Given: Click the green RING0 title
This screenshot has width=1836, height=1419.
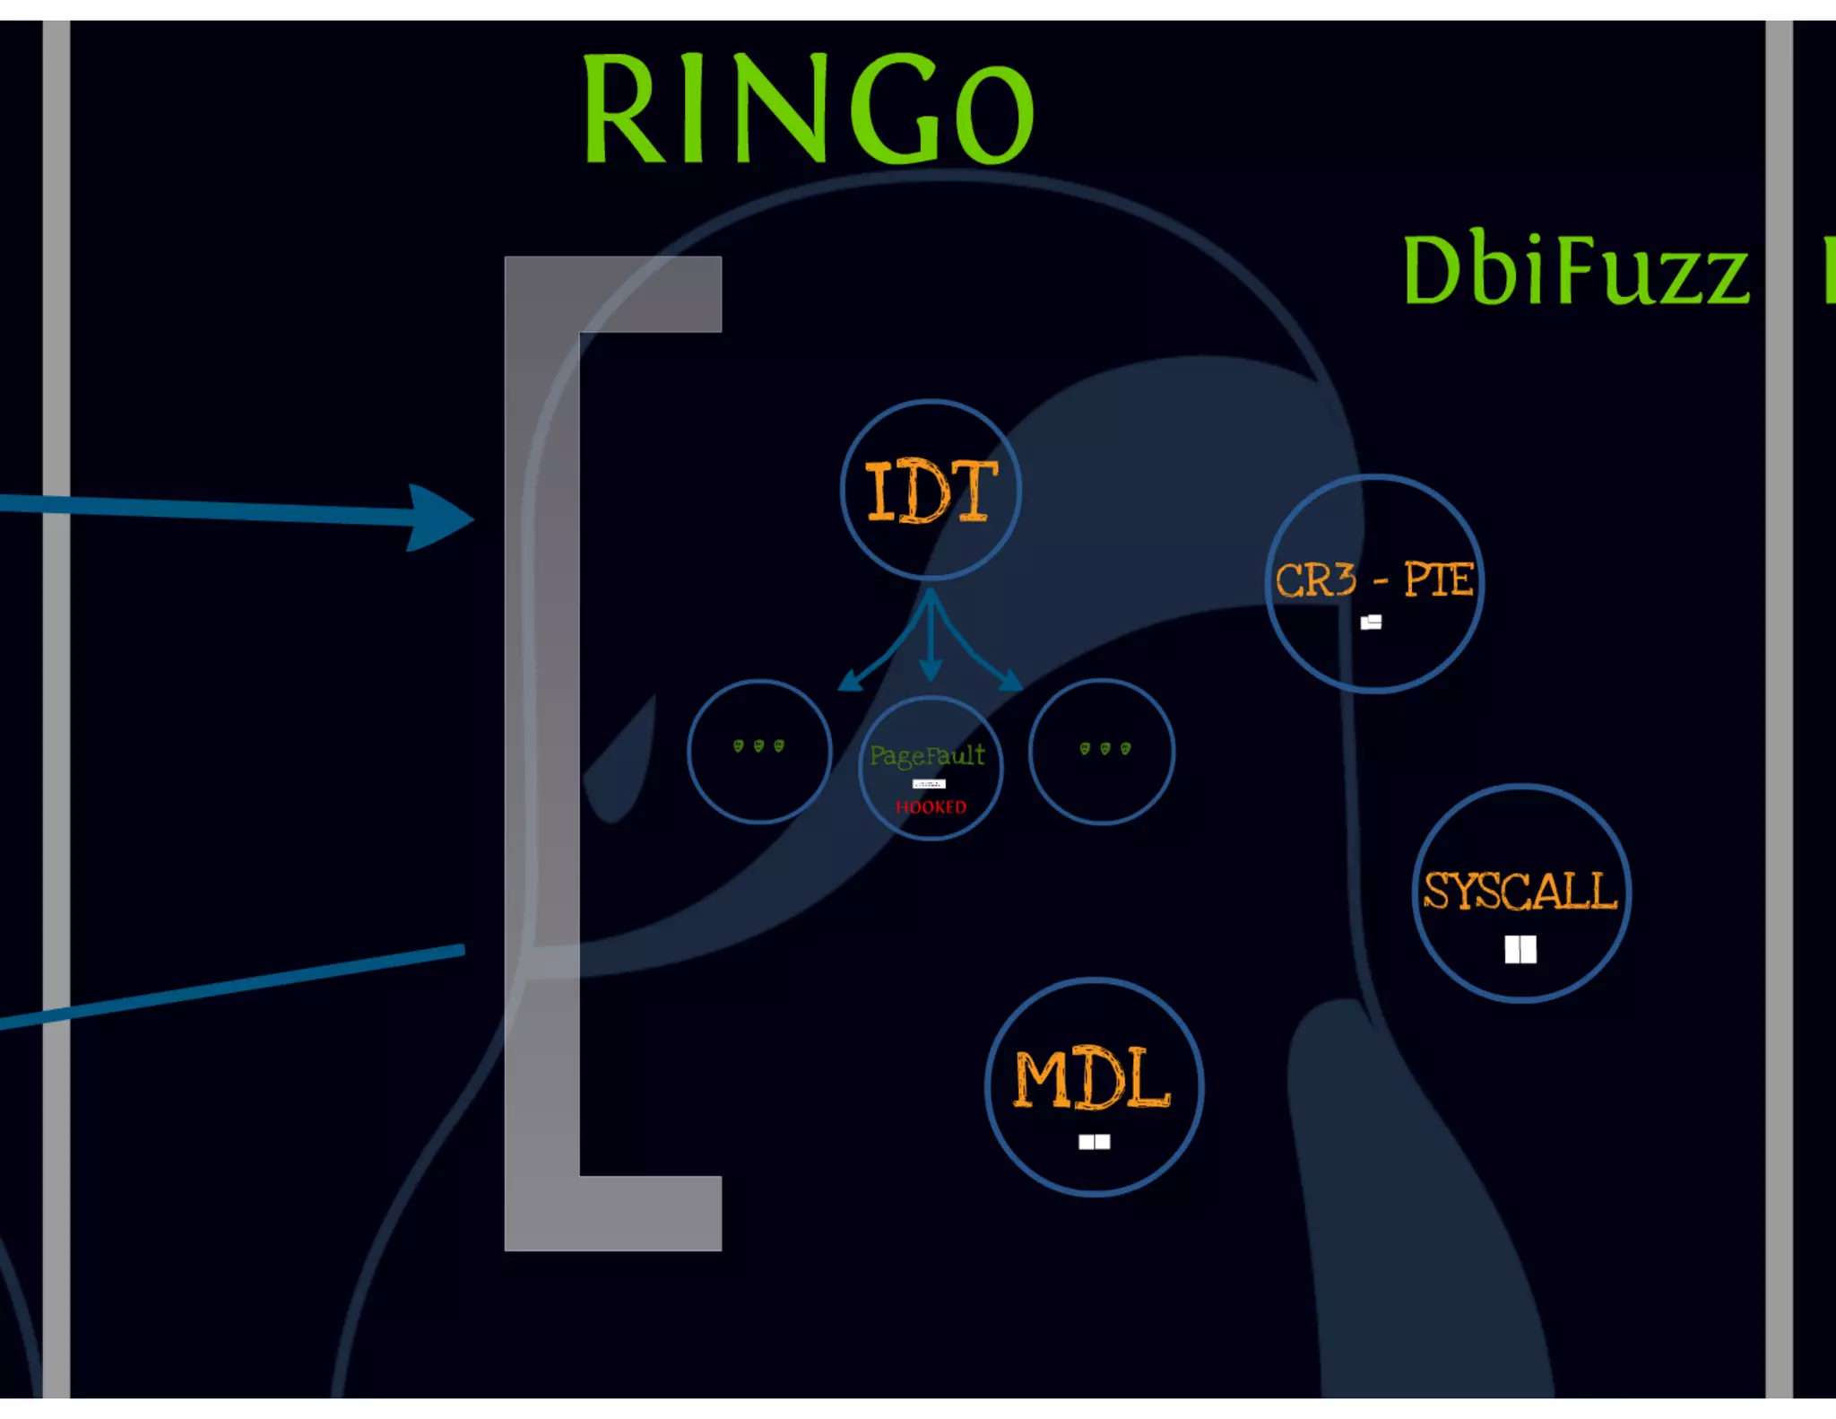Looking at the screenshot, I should click(x=808, y=109).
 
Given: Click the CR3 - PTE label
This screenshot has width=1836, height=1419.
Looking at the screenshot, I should click(x=1373, y=579).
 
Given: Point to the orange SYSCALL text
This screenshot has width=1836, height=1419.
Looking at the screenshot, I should click(x=1520, y=891).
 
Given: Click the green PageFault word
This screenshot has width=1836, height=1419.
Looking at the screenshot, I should click(x=927, y=755).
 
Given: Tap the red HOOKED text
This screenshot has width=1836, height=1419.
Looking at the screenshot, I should click(x=931, y=807).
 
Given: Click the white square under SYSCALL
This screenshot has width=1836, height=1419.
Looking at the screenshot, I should click(x=1520, y=949).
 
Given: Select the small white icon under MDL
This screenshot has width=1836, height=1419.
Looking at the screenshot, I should click(x=1094, y=1142).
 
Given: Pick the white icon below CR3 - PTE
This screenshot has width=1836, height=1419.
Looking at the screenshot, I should click(x=1371, y=622).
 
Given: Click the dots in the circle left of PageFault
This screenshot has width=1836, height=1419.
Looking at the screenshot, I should click(x=758, y=746).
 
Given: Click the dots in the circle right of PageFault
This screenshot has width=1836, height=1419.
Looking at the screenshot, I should click(x=1104, y=748).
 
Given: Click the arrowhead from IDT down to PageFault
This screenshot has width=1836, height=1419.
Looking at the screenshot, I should click(x=931, y=671).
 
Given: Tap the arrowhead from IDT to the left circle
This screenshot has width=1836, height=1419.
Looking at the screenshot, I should click(x=849, y=682).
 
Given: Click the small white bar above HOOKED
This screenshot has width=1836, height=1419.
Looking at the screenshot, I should click(x=929, y=784).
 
